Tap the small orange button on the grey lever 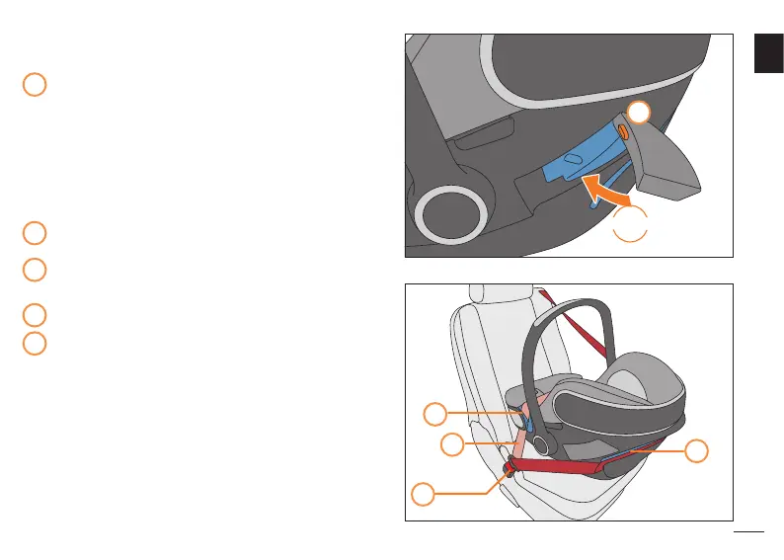(623, 130)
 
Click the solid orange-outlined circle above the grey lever (640, 113)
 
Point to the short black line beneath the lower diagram (749, 533)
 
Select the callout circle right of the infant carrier (696, 450)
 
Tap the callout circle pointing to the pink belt (451, 444)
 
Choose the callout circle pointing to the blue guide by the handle (435, 413)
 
